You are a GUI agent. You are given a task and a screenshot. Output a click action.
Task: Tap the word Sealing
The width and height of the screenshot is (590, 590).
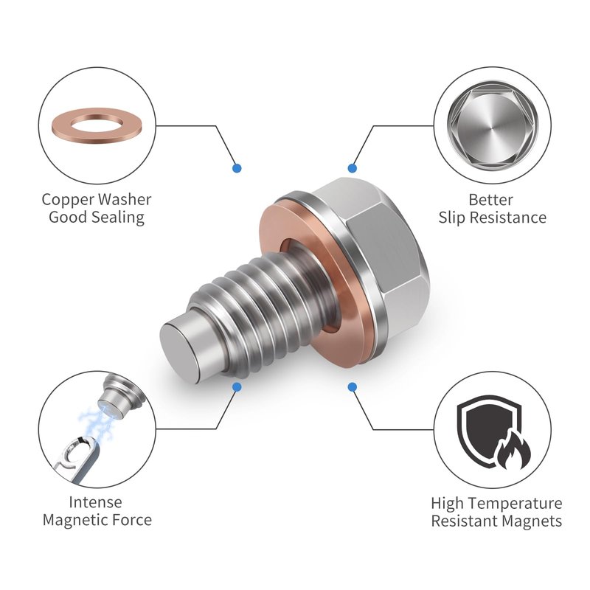[117, 218]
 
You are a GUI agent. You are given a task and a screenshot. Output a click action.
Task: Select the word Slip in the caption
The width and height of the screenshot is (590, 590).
[452, 218]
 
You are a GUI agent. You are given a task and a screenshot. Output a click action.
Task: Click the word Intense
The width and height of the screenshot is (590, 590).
[96, 502]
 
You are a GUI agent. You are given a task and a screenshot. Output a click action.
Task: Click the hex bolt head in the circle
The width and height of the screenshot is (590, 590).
[492, 125]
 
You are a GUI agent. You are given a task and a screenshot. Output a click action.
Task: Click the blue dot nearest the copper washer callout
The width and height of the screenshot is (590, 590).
[237, 168]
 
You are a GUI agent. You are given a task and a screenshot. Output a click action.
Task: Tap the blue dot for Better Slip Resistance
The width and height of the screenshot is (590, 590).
[353, 168]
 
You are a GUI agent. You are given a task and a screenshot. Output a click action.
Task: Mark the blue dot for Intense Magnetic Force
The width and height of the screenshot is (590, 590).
[237, 386]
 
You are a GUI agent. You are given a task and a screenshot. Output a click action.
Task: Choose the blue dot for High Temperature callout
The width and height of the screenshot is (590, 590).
[353, 386]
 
